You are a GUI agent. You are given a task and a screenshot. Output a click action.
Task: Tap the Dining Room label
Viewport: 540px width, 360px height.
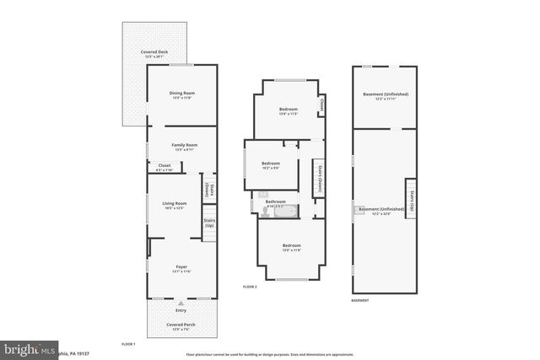[x=181, y=94]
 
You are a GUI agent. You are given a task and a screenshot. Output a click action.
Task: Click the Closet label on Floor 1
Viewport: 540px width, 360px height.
[x=165, y=167]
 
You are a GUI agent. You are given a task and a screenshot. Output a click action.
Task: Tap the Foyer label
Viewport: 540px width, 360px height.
[x=181, y=268]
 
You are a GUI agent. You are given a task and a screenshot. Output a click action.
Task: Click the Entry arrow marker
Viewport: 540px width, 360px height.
[x=181, y=303]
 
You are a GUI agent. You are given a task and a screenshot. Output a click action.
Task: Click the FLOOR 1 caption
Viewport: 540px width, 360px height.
[x=128, y=345]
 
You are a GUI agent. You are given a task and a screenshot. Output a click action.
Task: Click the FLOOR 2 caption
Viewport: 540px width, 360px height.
[x=250, y=287]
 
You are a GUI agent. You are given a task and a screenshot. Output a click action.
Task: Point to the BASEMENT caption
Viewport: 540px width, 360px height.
[x=360, y=301]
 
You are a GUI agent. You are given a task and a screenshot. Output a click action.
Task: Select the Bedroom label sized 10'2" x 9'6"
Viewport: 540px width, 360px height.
[x=270, y=165]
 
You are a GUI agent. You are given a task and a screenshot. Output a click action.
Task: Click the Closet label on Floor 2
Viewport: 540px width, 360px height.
[x=322, y=105]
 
